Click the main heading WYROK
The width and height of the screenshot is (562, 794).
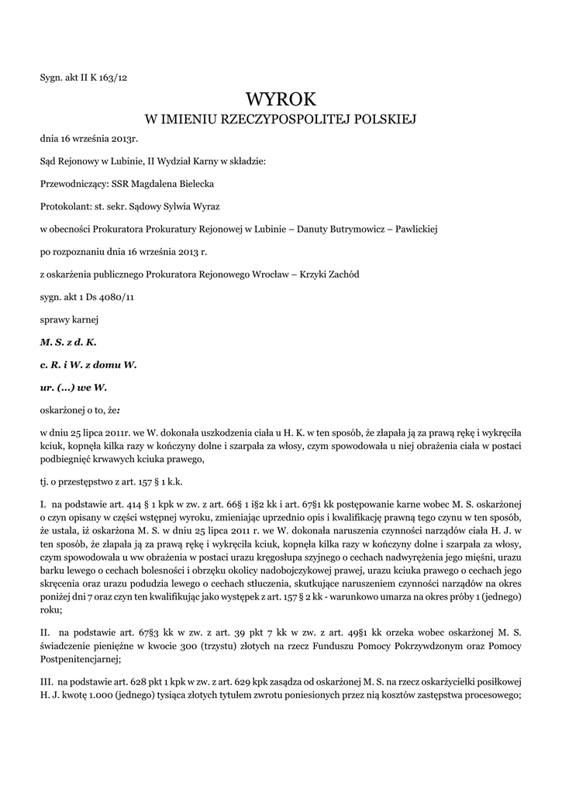click(x=281, y=99)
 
